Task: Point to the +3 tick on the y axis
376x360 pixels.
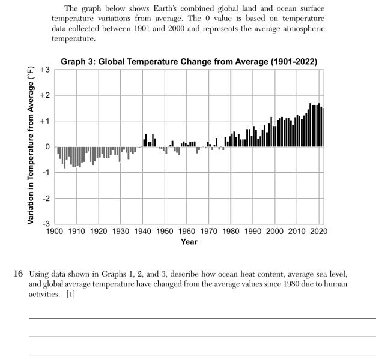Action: (45, 70)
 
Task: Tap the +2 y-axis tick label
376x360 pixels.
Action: (45, 95)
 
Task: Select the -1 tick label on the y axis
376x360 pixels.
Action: (46, 172)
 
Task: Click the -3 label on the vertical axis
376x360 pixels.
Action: (46, 223)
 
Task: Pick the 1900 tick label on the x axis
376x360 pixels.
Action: (55, 232)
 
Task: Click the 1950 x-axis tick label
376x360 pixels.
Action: (165, 232)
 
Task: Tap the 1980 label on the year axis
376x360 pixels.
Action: (231, 232)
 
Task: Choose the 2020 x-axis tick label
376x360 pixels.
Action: (319, 232)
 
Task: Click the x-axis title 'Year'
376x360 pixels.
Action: (189, 242)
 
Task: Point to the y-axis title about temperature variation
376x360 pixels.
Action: (31, 145)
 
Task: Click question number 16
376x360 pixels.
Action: (18, 274)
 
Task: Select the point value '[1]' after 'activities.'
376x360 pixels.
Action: (71, 294)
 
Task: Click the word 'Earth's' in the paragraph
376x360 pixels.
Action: (165, 8)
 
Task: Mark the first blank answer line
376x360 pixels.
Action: (202, 318)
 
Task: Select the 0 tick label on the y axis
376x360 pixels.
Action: (47, 146)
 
